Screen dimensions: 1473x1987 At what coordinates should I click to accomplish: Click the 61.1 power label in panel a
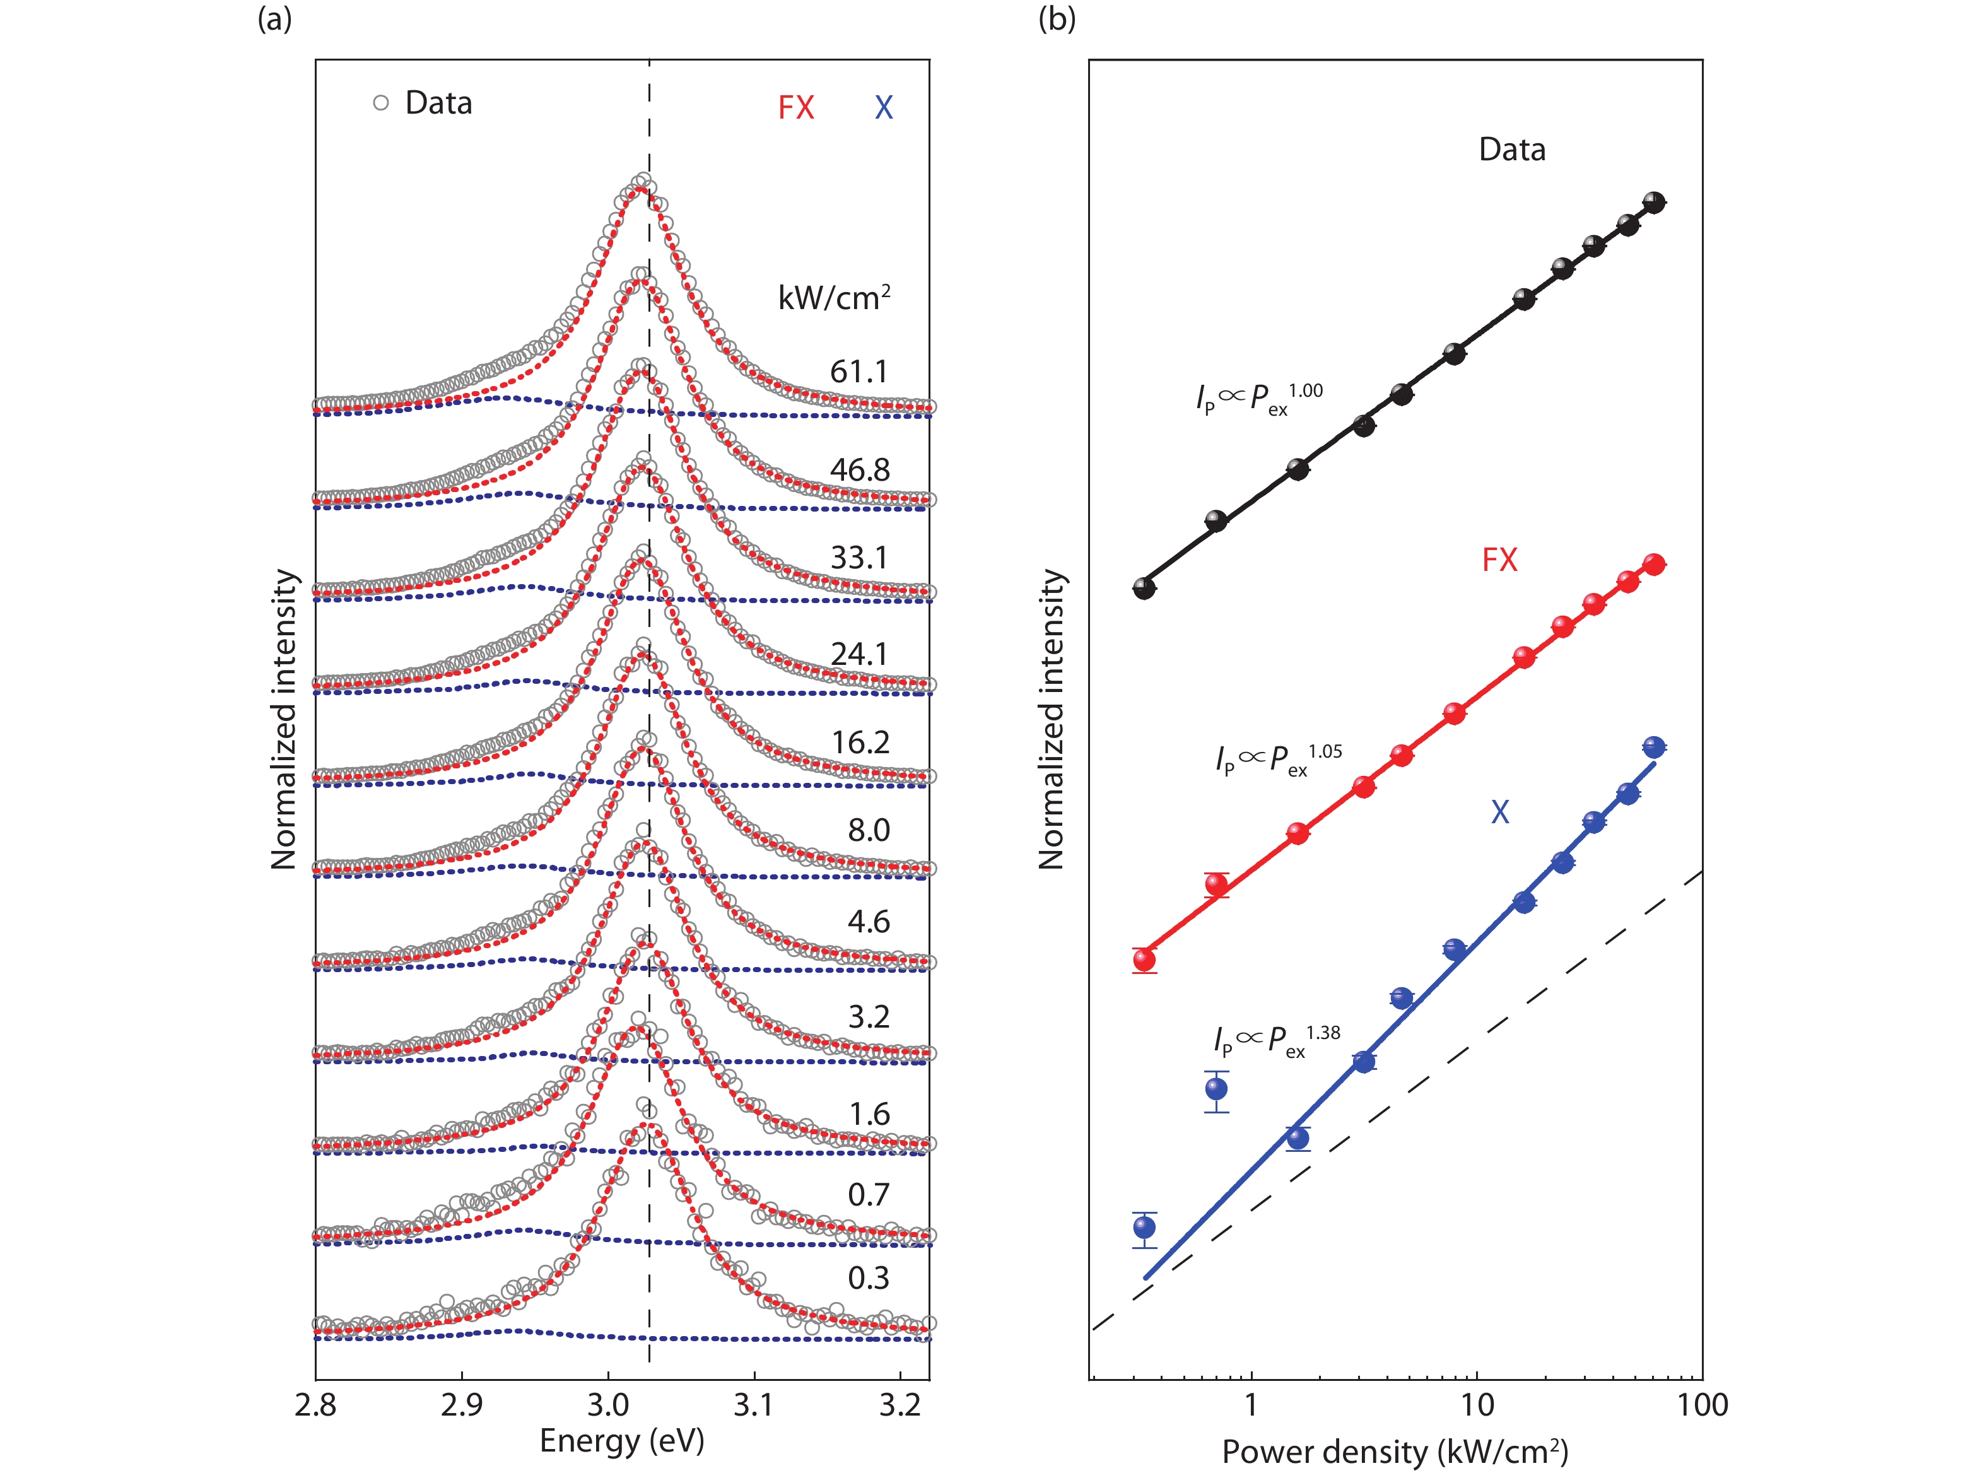click(x=859, y=372)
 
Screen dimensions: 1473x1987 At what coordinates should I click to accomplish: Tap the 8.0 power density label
click(x=868, y=830)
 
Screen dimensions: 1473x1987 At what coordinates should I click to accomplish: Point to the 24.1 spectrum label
click(x=859, y=654)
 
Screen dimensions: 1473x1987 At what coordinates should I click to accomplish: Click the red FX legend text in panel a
click(x=796, y=108)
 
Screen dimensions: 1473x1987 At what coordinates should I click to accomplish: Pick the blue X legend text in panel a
click(x=883, y=108)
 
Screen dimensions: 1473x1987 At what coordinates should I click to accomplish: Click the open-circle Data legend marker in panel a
click(x=380, y=103)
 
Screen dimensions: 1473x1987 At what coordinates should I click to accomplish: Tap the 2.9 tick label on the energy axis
click(x=462, y=1406)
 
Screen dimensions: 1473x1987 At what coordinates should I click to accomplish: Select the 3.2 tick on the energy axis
click(x=900, y=1406)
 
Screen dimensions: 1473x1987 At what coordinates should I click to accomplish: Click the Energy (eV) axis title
click(x=621, y=1441)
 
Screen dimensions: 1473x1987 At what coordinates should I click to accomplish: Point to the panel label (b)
click(x=1057, y=19)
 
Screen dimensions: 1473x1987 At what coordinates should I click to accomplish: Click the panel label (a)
click(x=274, y=19)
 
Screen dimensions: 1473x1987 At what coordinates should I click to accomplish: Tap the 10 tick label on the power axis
click(x=1477, y=1406)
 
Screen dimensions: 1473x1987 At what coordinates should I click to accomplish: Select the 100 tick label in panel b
click(x=1703, y=1406)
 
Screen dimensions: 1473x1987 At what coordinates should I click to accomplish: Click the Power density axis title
click(x=1395, y=1452)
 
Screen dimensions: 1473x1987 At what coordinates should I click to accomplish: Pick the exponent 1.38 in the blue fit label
click(x=1324, y=1033)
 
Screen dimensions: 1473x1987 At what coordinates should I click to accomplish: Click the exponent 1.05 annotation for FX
click(x=1325, y=752)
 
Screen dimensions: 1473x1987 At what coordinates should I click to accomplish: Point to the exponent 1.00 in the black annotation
click(x=1306, y=390)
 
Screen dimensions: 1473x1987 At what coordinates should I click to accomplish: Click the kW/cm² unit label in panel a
click(x=833, y=297)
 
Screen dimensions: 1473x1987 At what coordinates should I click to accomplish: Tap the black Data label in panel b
click(x=1512, y=150)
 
